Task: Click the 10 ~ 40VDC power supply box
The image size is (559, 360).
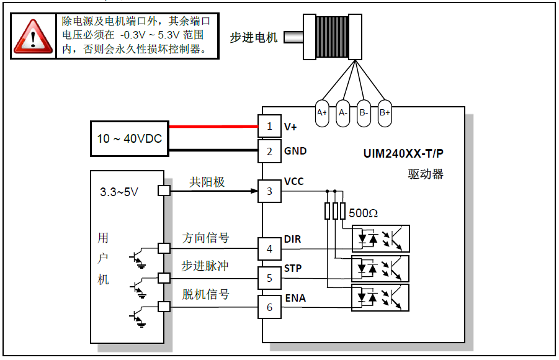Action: (129, 138)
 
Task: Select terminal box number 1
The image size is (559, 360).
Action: (269, 126)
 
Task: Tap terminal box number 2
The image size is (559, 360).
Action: (269, 151)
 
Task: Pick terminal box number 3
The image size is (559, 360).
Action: (269, 191)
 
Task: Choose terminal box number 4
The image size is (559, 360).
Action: (269, 249)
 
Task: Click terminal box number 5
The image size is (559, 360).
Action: (269, 277)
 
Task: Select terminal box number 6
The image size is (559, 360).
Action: (269, 307)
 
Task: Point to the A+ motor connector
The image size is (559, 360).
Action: (322, 113)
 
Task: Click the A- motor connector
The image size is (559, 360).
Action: (342, 113)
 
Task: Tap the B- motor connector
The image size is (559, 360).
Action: (364, 113)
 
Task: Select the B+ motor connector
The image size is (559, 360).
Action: (385, 113)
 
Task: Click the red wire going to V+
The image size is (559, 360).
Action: (213, 127)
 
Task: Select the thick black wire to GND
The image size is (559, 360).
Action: (213, 150)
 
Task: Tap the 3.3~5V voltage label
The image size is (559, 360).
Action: (119, 192)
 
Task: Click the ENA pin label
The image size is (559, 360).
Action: (295, 298)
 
